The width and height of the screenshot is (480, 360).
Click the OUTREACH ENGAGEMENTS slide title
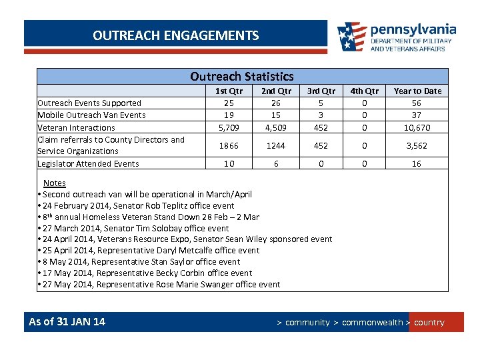pyautogui.click(x=176, y=35)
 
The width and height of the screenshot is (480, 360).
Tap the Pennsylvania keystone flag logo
pyautogui.click(x=351, y=37)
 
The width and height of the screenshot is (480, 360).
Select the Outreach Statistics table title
pyautogui.click(x=241, y=77)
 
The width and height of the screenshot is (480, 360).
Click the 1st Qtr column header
pyautogui.click(x=229, y=91)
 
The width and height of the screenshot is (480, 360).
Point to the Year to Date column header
pyautogui.click(x=417, y=91)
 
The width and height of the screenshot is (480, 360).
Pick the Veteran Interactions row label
pyautogui.click(x=76, y=127)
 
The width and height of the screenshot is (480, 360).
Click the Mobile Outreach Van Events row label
pyautogui.click(x=91, y=115)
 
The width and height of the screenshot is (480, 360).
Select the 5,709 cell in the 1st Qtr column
pyautogui.click(x=229, y=127)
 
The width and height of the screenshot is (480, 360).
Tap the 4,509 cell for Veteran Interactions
pyautogui.click(x=276, y=127)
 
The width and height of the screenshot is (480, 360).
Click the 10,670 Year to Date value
pyautogui.click(x=417, y=127)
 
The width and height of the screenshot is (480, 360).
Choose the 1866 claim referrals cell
pyautogui.click(x=229, y=145)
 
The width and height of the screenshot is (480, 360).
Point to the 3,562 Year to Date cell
pyautogui.click(x=417, y=145)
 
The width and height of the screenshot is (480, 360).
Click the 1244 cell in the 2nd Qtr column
pyautogui.click(x=276, y=145)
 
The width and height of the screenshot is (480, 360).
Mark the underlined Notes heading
pyautogui.click(x=55, y=183)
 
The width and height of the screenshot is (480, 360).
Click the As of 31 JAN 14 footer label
pyautogui.click(x=67, y=322)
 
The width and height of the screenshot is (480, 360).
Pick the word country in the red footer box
pyautogui.click(x=429, y=323)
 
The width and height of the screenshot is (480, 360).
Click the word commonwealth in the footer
pyautogui.click(x=372, y=323)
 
